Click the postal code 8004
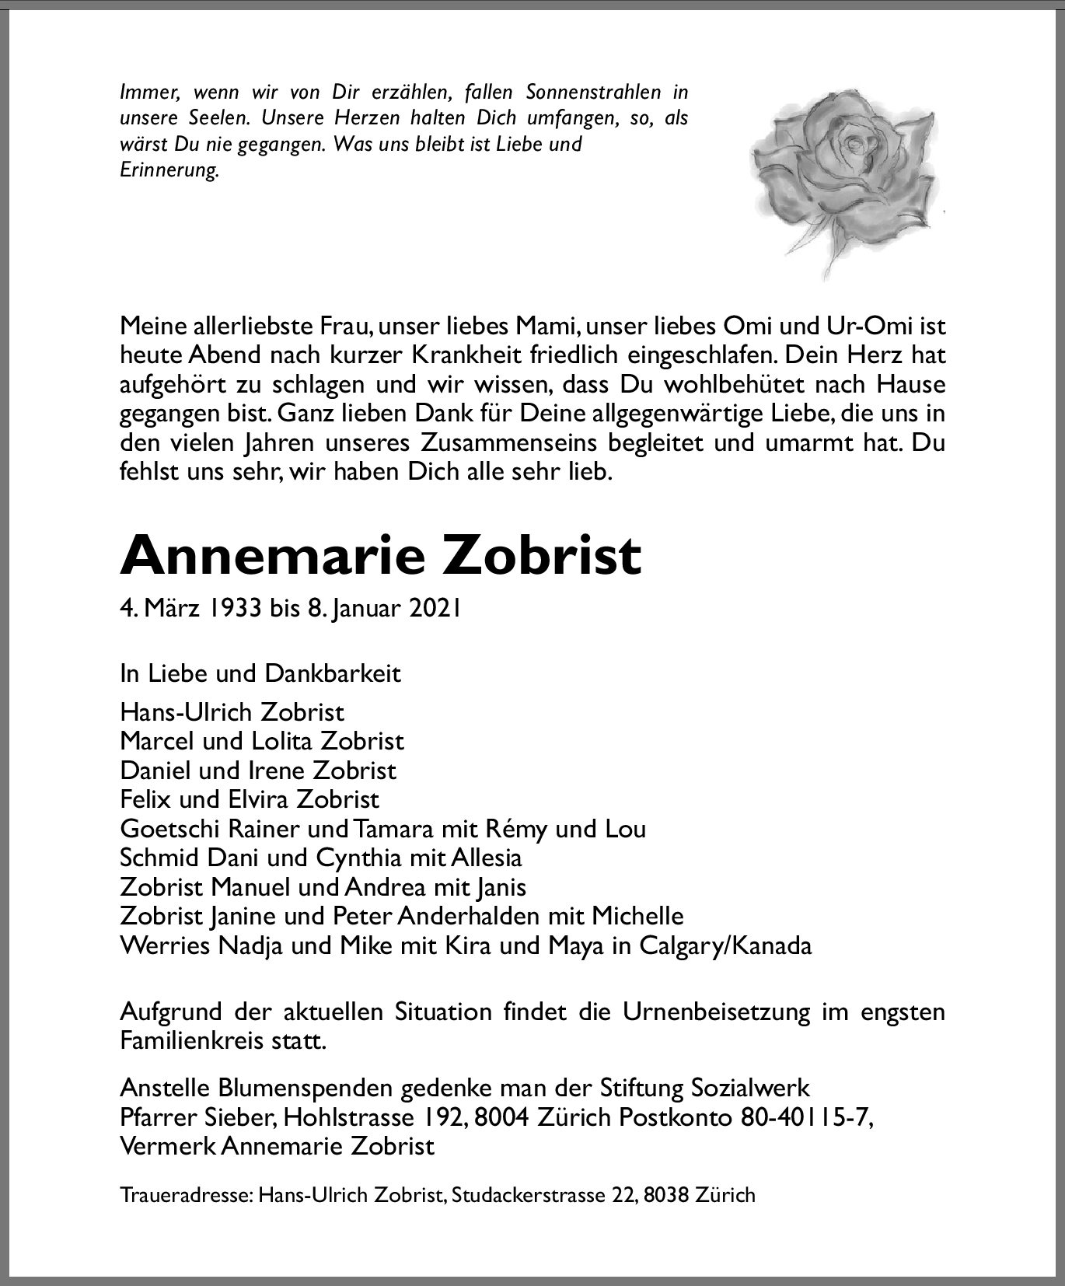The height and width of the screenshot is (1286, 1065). [x=501, y=1117]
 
